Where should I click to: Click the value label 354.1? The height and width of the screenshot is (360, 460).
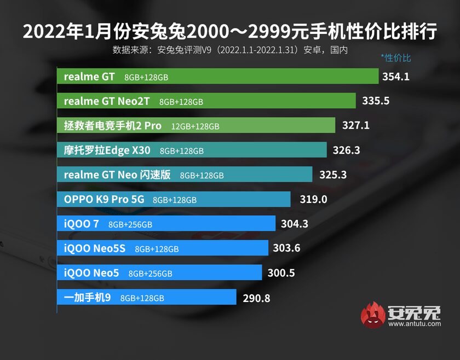(x=396, y=77)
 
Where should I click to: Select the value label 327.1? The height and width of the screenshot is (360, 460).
(x=356, y=125)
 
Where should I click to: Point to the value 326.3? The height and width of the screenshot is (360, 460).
(x=347, y=150)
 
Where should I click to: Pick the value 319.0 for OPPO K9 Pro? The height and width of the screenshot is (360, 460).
(x=313, y=200)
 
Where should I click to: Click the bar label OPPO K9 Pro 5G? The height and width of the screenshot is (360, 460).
(x=104, y=200)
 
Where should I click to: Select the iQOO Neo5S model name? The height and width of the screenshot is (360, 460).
(x=95, y=248)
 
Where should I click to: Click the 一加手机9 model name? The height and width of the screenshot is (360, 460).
(x=88, y=298)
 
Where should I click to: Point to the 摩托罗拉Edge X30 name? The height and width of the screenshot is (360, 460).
(x=107, y=150)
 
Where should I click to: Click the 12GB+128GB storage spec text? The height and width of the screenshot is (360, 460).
(x=195, y=126)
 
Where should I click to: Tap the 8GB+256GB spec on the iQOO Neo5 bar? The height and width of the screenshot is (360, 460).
(x=151, y=274)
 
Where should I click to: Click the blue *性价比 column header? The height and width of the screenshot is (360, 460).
(x=395, y=58)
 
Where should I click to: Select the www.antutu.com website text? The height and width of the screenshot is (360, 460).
(x=415, y=324)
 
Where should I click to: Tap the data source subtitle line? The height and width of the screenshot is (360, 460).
(x=230, y=49)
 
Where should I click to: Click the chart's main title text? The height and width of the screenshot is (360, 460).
(x=230, y=32)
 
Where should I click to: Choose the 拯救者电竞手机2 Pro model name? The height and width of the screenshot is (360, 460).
(x=113, y=125)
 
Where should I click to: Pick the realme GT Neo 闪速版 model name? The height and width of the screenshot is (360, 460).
(x=118, y=175)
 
